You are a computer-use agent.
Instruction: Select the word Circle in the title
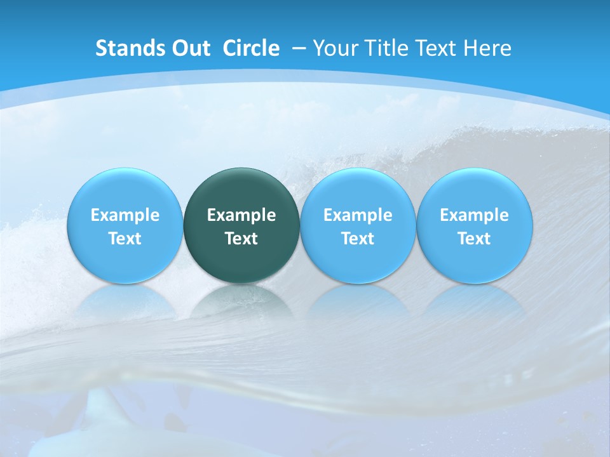point(251,48)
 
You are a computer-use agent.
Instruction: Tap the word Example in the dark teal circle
point(241,215)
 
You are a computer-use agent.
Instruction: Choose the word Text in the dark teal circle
point(241,239)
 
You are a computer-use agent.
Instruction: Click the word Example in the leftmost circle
point(125,215)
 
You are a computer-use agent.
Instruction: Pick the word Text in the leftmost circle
point(125,239)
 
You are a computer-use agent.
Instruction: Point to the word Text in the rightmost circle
point(475,239)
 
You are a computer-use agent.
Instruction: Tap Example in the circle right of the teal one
point(358,215)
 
